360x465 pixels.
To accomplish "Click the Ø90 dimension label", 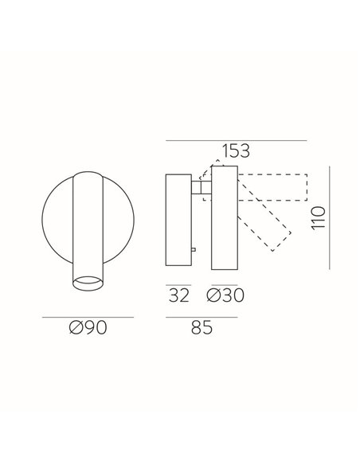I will pyautogui.click(x=88, y=328).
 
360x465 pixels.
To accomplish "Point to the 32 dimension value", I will pyautogui.click(x=178, y=295).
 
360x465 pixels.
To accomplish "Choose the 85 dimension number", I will pyautogui.click(x=201, y=328).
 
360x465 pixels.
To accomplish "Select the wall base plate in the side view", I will pyautogui.click(x=178, y=222).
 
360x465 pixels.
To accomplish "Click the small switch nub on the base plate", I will pyautogui.click(x=194, y=251).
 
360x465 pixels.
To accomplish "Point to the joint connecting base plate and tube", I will pyautogui.click(x=200, y=188).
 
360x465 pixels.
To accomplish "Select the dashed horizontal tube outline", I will pyautogui.click(x=271, y=187).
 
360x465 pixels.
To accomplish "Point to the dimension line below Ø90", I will pyautogui.click(x=88, y=317).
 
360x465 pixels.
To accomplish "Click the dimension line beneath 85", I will pyautogui.click(x=201, y=317).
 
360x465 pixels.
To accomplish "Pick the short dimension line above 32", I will pyautogui.click(x=178, y=283).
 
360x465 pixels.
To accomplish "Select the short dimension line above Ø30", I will pyautogui.click(x=223, y=283).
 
